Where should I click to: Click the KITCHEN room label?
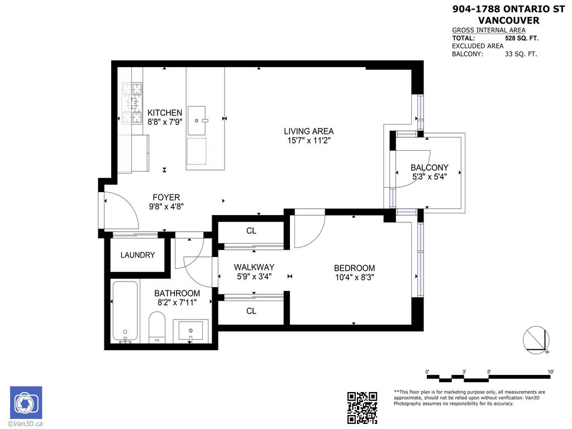[x=165, y=112]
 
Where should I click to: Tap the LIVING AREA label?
[x=308, y=132]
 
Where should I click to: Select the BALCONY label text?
[x=429, y=168]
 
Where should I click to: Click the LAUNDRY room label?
[x=137, y=255]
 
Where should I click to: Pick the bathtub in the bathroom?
[x=125, y=311]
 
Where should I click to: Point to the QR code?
[x=362, y=407]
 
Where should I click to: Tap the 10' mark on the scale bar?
[x=550, y=372]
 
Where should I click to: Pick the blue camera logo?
[x=26, y=402]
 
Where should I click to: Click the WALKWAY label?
[x=254, y=267]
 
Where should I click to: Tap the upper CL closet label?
[x=251, y=231]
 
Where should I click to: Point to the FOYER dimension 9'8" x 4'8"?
[x=166, y=206]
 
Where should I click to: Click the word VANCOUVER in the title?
[x=509, y=21]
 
